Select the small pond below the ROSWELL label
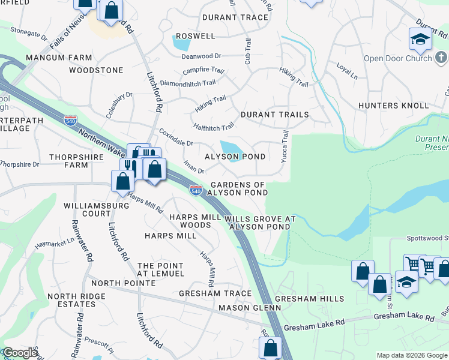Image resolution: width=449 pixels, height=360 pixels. click(181, 43)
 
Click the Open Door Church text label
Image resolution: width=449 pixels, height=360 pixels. click(397, 58)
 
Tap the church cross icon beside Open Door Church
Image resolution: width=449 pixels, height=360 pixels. click(441, 58)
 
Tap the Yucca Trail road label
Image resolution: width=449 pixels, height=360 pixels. click(285, 147)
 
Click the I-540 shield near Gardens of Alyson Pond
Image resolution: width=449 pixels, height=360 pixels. click(195, 190)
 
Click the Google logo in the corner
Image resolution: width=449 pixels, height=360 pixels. click(20, 353)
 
